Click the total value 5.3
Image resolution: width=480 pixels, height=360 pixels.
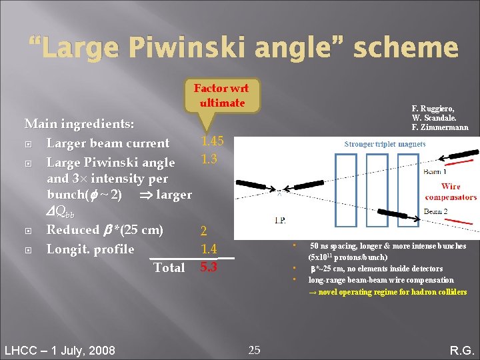point(209,267)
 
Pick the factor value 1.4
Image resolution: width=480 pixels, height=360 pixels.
point(209,249)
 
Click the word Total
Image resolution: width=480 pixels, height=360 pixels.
point(169,267)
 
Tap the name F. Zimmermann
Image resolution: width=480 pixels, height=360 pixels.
point(440,127)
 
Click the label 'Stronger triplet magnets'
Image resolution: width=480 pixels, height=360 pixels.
point(385,143)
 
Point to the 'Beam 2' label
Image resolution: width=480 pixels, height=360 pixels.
point(436,211)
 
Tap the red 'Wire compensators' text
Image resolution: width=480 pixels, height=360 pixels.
point(451,191)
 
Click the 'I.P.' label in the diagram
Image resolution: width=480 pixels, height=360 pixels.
point(281,219)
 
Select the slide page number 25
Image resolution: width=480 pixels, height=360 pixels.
point(254,349)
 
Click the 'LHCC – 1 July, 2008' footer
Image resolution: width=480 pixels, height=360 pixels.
point(59,350)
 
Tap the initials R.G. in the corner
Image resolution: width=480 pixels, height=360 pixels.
point(461,350)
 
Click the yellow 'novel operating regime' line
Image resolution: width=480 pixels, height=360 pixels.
point(387,292)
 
